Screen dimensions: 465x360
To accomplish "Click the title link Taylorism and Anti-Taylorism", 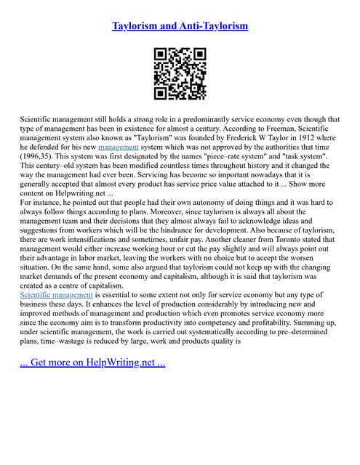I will pos(180,26).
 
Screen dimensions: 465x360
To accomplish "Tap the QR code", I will pos(180,73).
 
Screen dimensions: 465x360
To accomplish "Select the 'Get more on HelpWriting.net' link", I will pos(92,362).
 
